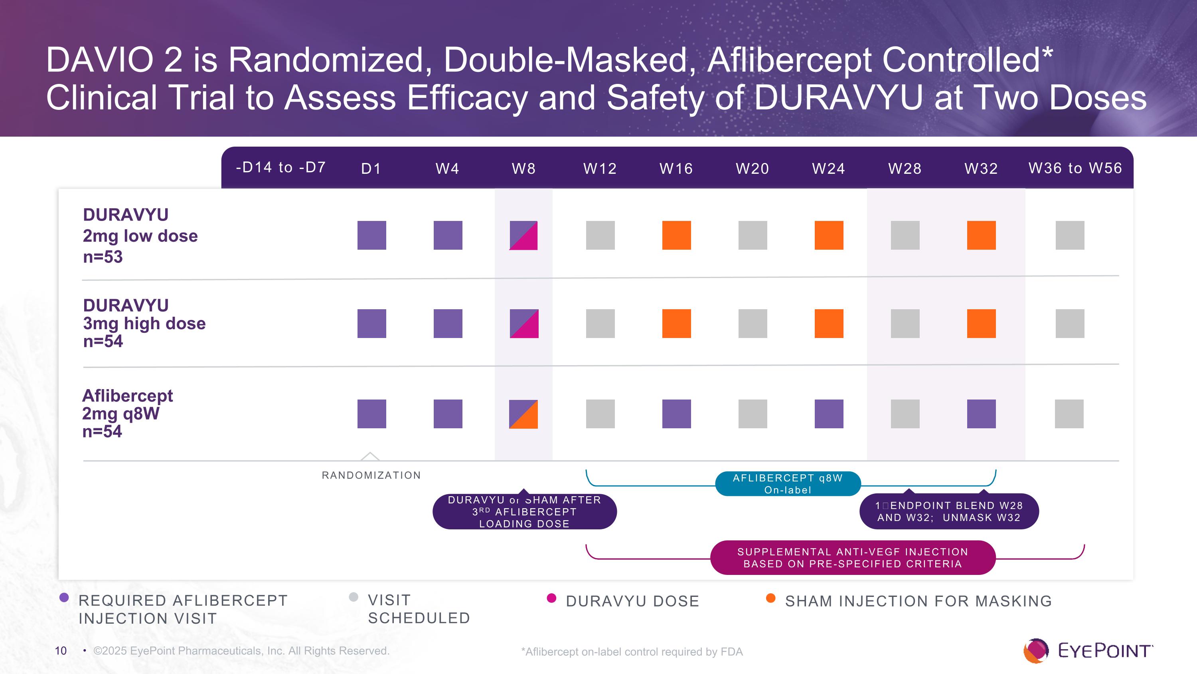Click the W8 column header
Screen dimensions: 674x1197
tap(523, 168)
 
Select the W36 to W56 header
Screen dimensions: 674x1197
tap(1075, 168)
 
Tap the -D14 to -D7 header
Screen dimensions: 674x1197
tap(280, 167)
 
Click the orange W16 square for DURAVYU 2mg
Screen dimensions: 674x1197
tap(676, 235)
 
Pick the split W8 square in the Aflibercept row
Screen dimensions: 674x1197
tap(523, 414)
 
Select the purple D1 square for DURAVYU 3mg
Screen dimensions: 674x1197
tap(371, 324)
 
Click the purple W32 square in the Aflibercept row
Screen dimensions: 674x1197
tap(981, 414)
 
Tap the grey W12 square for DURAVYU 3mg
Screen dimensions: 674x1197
tap(600, 324)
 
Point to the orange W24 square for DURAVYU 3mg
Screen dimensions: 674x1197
tap(828, 324)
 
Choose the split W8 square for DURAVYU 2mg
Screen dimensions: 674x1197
tap(523, 235)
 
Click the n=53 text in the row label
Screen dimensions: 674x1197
tap(103, 257)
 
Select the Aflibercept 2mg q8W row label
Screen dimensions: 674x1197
tap(127, 413)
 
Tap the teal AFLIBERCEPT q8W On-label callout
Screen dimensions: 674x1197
tap(788, 484)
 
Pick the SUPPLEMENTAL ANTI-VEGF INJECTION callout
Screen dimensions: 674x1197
tap(853, 558)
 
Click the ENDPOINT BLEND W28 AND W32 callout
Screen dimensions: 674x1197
tap(949, 512)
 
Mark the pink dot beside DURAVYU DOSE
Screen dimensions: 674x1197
tap(551, 598)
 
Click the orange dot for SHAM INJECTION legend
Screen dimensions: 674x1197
tap(770, 598)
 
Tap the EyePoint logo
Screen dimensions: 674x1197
tap(1087, 650)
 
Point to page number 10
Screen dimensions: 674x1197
tap(61, 651)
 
